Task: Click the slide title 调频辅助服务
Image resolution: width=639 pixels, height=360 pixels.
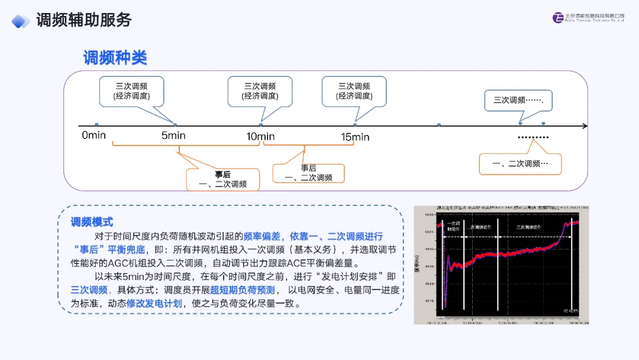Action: [83, 20]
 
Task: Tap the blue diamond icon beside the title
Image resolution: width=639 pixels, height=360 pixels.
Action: [21, 21]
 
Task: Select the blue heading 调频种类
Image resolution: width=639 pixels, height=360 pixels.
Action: [115, 58]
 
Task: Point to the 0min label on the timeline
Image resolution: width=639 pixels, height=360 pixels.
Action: [93, 136]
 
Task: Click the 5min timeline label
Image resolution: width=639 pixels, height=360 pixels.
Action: [173, 136]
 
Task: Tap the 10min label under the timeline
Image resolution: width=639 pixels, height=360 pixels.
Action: [260, 137]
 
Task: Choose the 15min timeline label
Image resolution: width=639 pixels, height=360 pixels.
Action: [355, 137]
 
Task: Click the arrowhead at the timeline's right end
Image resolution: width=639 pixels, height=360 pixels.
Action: [585, 126]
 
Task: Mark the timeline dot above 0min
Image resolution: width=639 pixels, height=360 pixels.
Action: [96, 125]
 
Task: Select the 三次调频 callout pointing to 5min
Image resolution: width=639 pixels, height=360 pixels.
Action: [131, 91]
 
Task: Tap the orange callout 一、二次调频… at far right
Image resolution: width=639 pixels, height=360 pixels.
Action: [520, 163]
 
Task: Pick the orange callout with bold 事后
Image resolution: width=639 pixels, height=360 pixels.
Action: [222, 179]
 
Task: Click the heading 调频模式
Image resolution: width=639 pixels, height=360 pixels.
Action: [92, 222]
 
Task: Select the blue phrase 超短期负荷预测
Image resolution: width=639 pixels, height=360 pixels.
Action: [243, 290]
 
